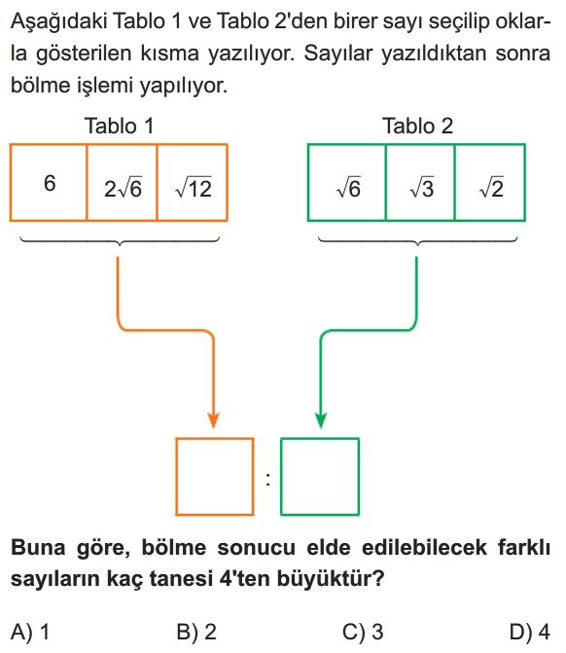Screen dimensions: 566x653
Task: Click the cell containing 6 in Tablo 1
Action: point(49,182)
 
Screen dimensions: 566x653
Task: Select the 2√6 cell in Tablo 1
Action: point(122,182)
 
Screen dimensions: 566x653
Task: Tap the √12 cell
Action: point(193,182)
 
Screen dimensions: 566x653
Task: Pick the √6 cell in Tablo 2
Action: point(346,182)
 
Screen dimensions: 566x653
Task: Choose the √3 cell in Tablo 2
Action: point(420,182)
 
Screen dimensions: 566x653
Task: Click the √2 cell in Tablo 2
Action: point(490,182)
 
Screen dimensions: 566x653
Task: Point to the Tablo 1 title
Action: point(119,126)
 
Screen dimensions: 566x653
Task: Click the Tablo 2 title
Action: point(417,126)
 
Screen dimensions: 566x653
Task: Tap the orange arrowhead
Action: point(214,420)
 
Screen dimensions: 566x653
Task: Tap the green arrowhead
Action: point(321,420)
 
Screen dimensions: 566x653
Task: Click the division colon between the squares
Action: point(267,480)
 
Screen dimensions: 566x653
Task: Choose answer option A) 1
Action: point(30,632)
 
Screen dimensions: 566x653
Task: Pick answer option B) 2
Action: point(196,632)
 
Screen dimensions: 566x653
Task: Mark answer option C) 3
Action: point(363,632)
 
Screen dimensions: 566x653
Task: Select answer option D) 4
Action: point(530,632)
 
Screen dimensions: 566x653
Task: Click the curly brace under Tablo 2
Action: point(417,240)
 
